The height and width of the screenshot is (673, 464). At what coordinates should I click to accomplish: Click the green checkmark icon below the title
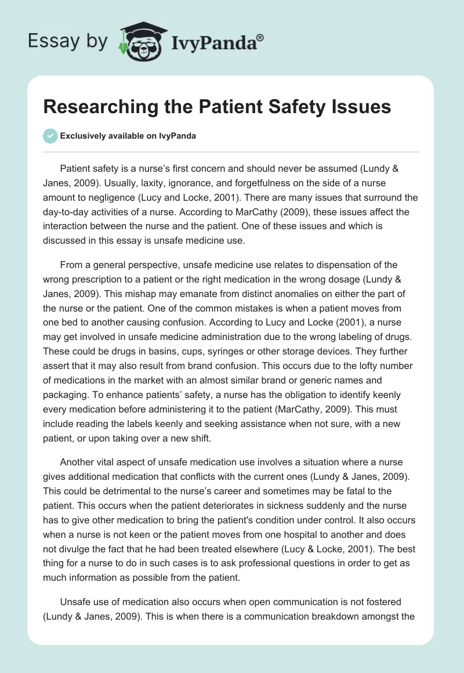pos(50,136)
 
